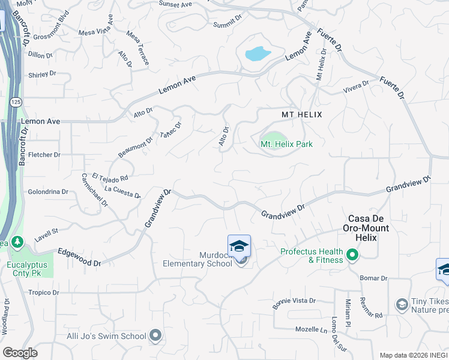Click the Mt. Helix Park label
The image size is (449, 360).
(286, 144)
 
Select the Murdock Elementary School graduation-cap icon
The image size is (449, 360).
(239, 246)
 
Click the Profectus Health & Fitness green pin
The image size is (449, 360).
(352, 256)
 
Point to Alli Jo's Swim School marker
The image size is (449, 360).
(155, 335)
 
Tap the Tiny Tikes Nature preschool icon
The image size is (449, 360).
(401, 305)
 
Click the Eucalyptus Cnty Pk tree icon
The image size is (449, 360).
(18, 242)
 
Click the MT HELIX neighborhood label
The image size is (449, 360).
(302, 114)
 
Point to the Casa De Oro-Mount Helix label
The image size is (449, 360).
(366, 228)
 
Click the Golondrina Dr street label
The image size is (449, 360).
(48, 192)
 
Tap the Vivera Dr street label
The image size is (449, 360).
(356, 88)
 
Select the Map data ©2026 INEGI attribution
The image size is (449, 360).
(413, 355)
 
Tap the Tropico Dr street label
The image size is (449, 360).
(44, 293)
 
